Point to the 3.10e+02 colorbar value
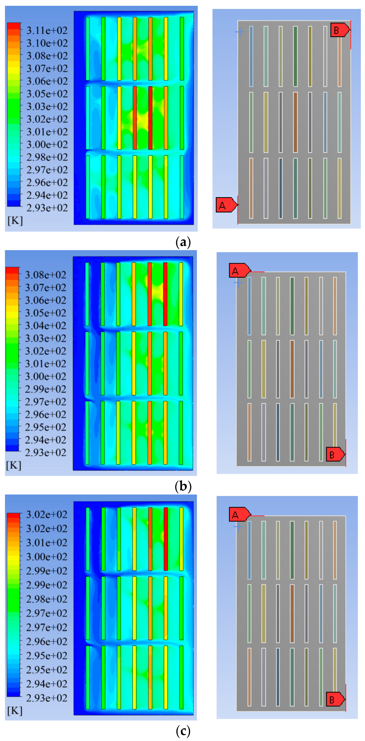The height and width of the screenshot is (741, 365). coord(47,43)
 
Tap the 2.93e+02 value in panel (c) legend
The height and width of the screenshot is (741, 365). coord(47,698)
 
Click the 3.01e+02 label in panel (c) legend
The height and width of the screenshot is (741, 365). coord(47,543)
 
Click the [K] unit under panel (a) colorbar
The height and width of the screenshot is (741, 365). coord(15,221)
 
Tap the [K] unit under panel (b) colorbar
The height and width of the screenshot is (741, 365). coord(13,465)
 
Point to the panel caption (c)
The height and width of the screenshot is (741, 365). coord(183,731)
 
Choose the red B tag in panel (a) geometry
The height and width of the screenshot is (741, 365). coord(340,30)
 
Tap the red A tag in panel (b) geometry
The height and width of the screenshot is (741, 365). coord(239,270)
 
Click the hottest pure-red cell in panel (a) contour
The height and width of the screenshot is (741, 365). coord(150,118)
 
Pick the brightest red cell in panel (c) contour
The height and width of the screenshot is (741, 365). coord(166,539)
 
